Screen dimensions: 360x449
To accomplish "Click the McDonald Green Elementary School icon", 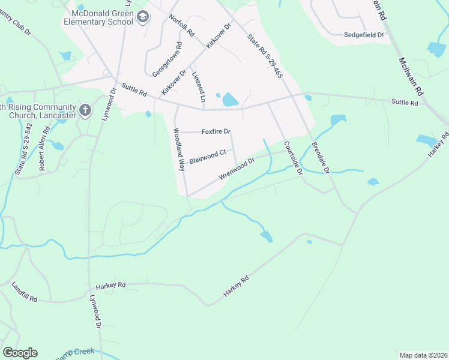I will click(142, 17).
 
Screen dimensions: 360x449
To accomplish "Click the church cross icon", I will click(85, 110).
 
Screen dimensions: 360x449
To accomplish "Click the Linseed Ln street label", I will click(199, 88).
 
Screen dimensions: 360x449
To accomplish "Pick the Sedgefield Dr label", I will click(364, 35).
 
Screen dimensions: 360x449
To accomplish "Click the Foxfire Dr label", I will click(216, 131).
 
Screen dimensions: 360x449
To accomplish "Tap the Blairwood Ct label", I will click(208, 157).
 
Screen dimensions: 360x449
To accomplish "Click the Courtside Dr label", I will click(293, 158).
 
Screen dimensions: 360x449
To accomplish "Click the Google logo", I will click(20, 353).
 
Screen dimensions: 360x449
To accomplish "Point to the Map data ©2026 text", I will click(423, 355).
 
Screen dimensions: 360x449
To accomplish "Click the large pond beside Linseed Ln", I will click(230, 100).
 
